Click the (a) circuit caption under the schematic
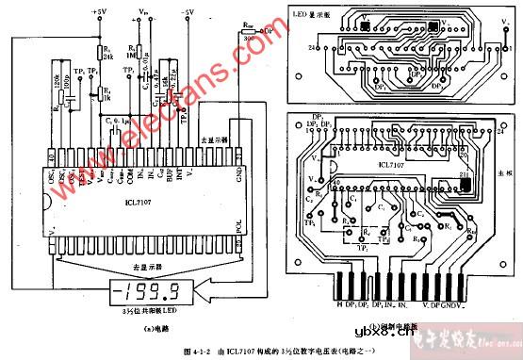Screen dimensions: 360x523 pyautogui.click(x=155, y=329)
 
